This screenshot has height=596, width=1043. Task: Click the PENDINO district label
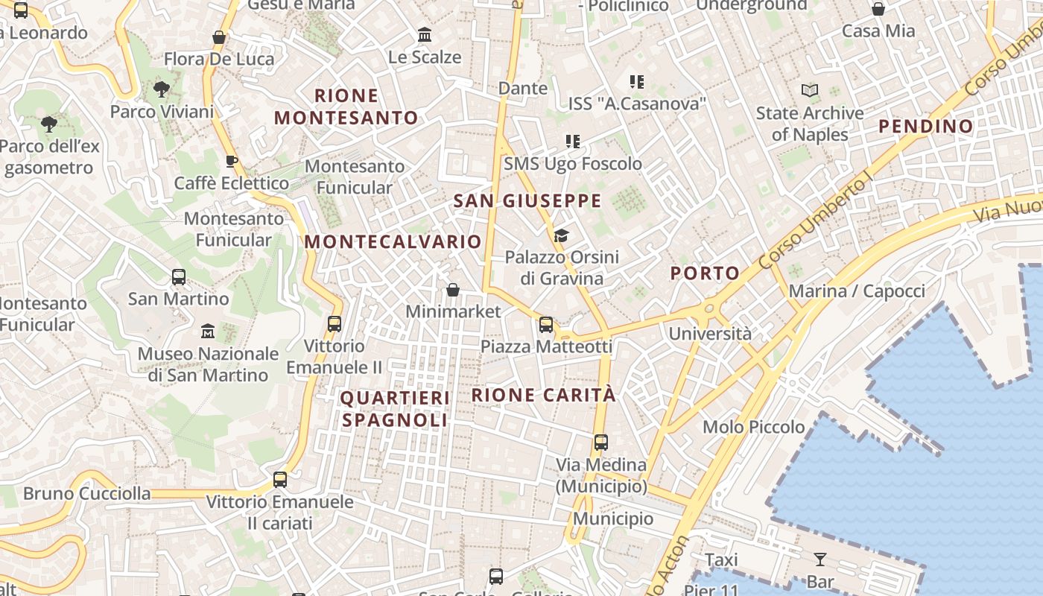926,126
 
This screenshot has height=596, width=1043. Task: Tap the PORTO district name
705,273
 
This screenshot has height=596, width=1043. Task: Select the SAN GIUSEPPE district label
527,200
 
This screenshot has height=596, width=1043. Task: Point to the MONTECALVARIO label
393,241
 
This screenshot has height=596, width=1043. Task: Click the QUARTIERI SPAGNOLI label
395,409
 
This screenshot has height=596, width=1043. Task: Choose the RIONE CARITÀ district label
544,395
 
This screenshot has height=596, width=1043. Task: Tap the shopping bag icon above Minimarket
453,290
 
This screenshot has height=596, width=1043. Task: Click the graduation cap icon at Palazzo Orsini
561,236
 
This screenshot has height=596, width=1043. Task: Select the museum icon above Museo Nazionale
208,331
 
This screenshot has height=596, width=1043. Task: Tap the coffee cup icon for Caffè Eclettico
232,161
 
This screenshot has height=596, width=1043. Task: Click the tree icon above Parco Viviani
161,90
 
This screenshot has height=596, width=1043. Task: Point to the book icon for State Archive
809,91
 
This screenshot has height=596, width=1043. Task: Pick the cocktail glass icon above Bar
820,559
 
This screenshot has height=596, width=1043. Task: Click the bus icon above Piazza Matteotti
546,324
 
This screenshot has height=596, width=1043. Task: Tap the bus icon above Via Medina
601,442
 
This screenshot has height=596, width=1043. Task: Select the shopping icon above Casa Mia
878,9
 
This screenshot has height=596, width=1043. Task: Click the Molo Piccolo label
754,427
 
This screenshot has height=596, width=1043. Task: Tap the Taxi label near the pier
721,559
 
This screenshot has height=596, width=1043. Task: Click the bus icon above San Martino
179,277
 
